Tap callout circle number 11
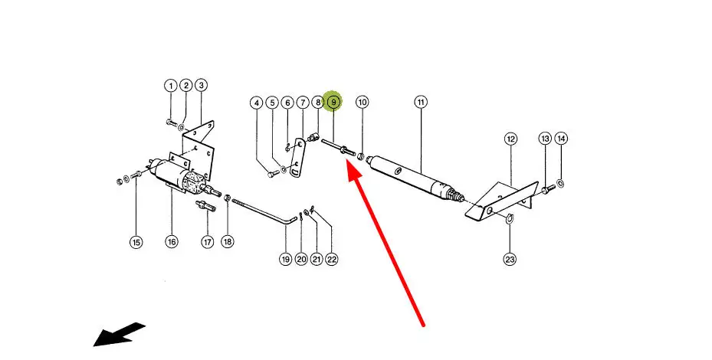(x=421, y=102)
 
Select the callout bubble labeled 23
(x=510, y=259)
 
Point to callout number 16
(x=171, y=242)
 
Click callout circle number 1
(x=171, y=85)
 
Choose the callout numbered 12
(x=510, y=139)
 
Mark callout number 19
(x=285, y=260)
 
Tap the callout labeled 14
(x=562, y=139)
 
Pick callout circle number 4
(x=258, y=102)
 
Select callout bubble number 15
(x=136, y=243)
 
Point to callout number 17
(x=207, y=242)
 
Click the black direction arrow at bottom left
(x=119, y=334)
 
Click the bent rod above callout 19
(x=261, y=211)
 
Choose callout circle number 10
(x=363, y=102)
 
